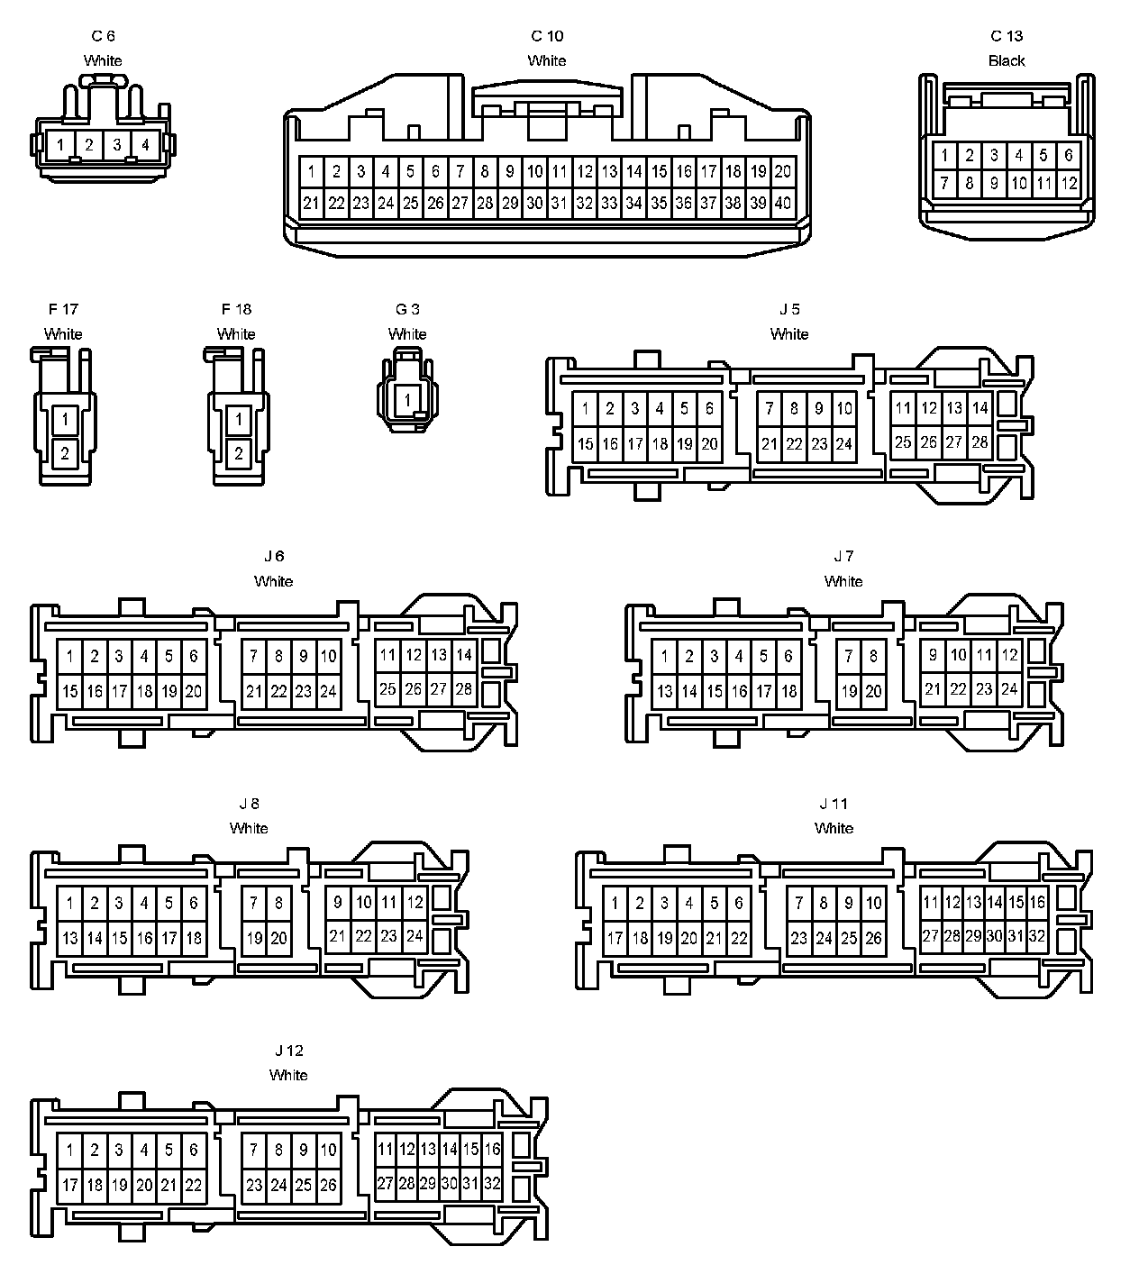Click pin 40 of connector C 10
[783, 203]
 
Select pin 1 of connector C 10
[311, 171]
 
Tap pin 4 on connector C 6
[145, 144]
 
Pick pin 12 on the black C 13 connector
[1069, 184]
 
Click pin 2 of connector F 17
[65, 454]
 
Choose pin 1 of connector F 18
[239, 420]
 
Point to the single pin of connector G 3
[407, 399]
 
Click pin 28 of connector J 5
[980, 442]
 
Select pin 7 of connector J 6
[254, 656]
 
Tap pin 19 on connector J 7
[849, 691]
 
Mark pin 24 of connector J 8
[415, 936]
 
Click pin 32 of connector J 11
[1037, 936]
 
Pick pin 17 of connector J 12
[69, 1185]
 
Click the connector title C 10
[547, 36]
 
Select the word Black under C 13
[1007, 60]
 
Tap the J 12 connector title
[288, 1051]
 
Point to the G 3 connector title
[407, 309]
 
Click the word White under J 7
[843, 581]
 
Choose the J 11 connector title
[834, 804]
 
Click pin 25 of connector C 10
[410, 203]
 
